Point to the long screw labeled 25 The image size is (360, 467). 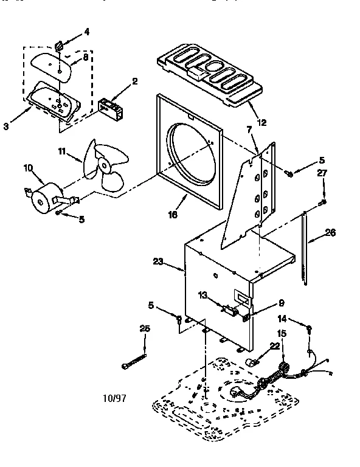(x=134, y=357)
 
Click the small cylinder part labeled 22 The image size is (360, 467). (x=250, y=363)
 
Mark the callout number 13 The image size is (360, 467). (x=203, y=295)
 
